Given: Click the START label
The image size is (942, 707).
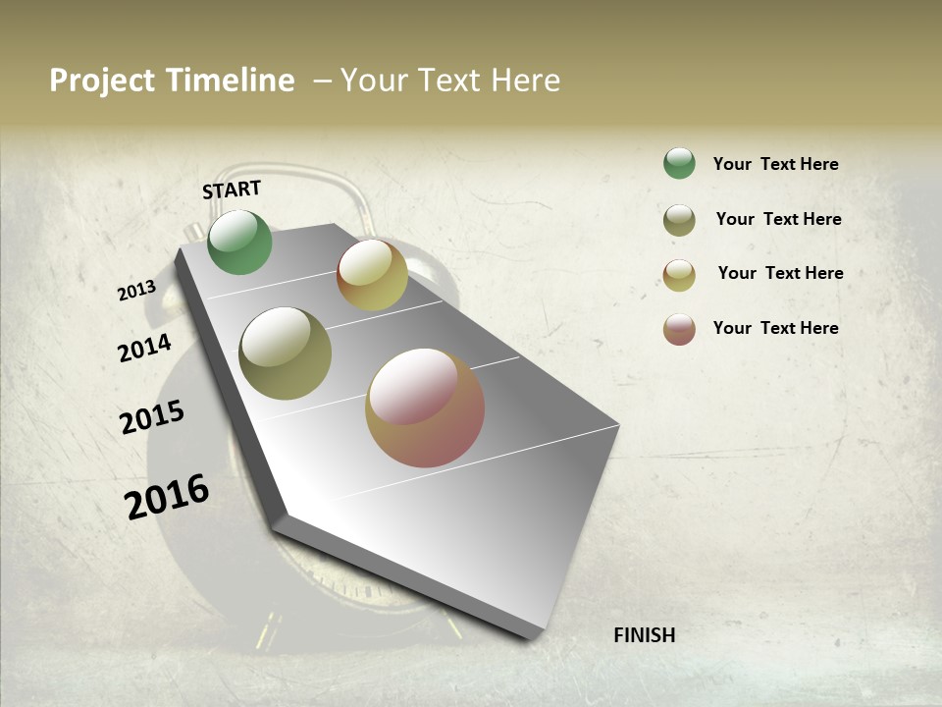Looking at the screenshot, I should tap(232, 189).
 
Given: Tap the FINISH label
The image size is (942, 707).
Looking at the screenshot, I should tap(644, 635).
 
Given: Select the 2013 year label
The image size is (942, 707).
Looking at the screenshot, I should tap(136, 291).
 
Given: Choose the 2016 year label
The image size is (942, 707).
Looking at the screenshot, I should tap(167, 497).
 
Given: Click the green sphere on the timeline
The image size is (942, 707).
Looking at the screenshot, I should tap(240, 243).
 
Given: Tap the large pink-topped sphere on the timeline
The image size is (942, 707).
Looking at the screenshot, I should tap(425, 408).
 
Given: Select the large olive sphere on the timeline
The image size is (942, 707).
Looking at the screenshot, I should tap(286, 353).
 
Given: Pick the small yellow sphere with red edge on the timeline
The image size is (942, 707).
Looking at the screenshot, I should tap(372, 275).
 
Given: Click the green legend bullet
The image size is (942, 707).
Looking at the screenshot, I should tap(679, 164).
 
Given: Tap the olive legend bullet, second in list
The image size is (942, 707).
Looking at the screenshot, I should tap(679, 220).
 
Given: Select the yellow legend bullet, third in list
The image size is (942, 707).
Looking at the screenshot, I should tap(679, 275).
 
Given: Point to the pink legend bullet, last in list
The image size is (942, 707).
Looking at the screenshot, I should tap(679, 329).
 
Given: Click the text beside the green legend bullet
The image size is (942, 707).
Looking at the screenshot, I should tap(775, 164).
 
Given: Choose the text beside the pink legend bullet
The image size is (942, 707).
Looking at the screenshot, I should tap(775, 328).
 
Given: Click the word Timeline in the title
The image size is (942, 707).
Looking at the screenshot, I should tap(231, 81).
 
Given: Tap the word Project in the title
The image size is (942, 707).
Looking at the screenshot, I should tap(102, 81).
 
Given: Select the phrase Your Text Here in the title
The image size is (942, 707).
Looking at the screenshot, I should tap(450, 81).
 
